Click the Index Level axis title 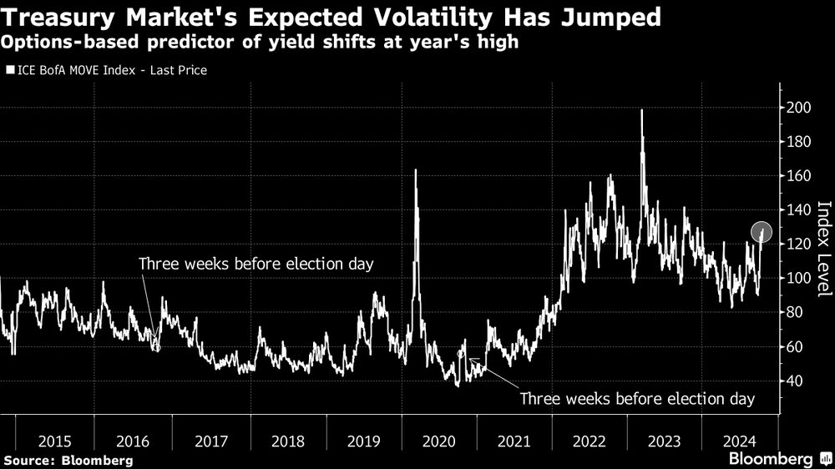tap(823, 248)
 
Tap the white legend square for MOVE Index tap(9, 71)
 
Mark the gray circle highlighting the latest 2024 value tap(761, 231)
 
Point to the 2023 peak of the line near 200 tap(641, 111)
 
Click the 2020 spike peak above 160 tap(415, 171)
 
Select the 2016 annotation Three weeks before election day tap(256, 264)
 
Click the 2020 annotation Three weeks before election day tap(637, 399)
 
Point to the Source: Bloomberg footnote tap(68, 460)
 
